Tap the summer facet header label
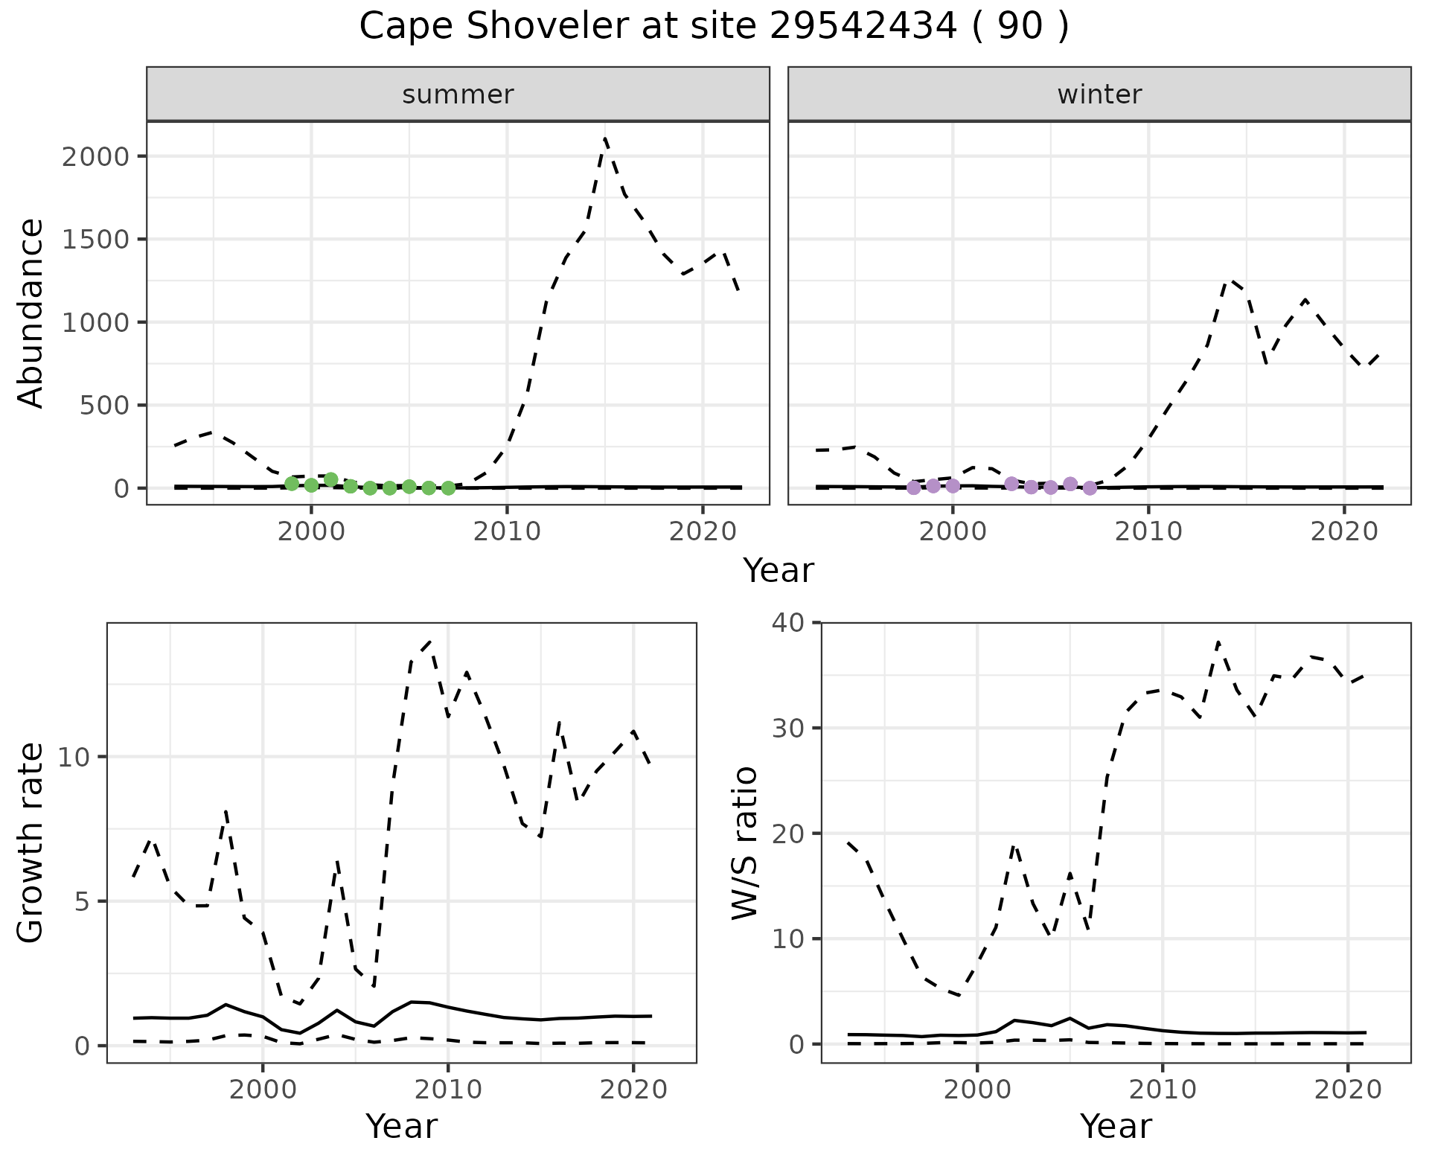[458, 95]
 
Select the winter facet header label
[1099, 95]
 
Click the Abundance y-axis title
[31, 313]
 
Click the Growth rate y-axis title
[31, 842]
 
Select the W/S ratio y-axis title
[745, 842]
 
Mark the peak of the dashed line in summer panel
[605, 138]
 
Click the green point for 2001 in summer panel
[331, 479]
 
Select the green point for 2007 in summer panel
[448, 488]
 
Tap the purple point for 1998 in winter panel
[914, 487]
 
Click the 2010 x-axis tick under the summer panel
[507, 531]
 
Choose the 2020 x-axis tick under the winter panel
[1344, 531]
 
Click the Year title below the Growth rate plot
[401, 1126]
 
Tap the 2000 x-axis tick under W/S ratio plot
[976, 1090]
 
